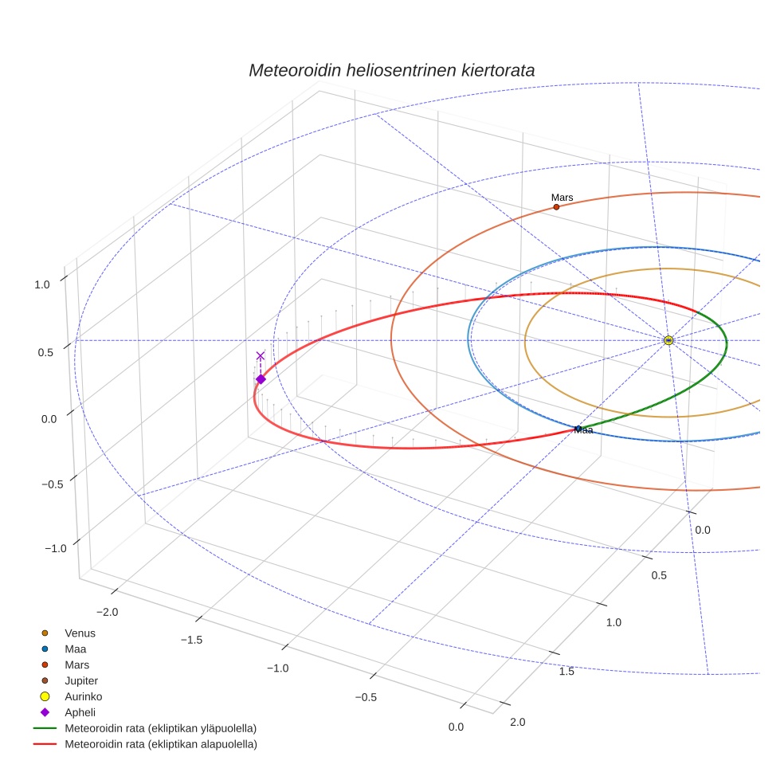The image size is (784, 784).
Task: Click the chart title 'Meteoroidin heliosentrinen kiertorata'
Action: click(x=391, y=70)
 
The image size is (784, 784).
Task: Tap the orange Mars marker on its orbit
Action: click(x=556, y=207)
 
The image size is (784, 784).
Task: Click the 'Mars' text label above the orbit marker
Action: click(x=562, y=198)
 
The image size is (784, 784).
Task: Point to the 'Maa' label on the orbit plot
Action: click(x=584, y=430)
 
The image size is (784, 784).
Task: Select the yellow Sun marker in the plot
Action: click(x=668, y=340)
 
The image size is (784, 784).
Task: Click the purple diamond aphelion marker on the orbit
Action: click(x=261, y=379)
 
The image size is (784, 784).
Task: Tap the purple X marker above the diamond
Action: click(x=261, y=355)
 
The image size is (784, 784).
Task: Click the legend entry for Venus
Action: click(x=80, y=633)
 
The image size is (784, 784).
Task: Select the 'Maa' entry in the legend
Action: click(x=75, y=649)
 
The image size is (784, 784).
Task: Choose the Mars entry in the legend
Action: click(x=76, y=664)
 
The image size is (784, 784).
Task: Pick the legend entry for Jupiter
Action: click(x=80, y=680)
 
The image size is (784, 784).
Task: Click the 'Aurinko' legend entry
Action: click(x=83, y=696)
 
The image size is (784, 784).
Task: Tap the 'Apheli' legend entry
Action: click(x=80, y=712)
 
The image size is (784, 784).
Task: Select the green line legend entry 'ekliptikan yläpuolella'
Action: click(x=160, y=728)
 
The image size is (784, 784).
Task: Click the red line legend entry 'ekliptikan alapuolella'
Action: click(x=160, y=744)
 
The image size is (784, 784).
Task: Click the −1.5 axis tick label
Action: click(x=192, y=640)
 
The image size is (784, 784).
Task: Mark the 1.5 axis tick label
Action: click(x=567, y=672)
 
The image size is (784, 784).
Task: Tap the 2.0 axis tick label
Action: click(x=517, y=722)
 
